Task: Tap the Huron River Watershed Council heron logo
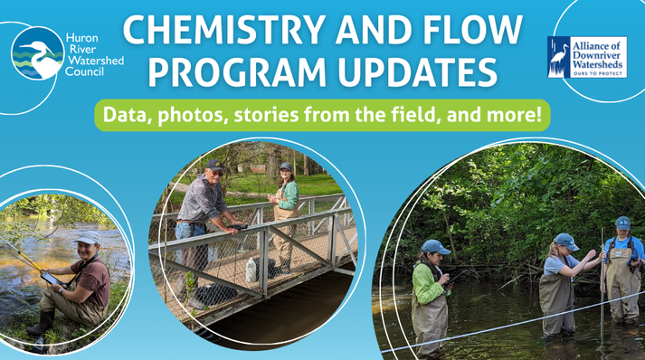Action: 38,53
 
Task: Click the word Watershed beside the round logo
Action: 96,61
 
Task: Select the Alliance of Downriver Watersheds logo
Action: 587,57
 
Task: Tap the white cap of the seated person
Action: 88,238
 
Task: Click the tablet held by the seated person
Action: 52,279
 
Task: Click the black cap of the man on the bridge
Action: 214,165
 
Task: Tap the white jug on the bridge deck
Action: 251,270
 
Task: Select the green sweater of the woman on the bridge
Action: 290,195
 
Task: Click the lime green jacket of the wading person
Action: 427,283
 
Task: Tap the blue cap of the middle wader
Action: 566,242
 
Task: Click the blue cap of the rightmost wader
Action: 622,223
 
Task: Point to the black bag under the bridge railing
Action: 216,294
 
